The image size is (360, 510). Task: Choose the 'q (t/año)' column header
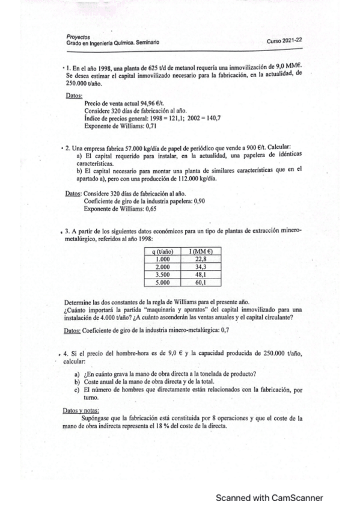point(164,251)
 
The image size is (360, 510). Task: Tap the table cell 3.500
point(164,274)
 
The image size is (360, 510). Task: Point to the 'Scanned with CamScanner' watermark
point(269,498)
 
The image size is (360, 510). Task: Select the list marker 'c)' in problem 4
point(77,389)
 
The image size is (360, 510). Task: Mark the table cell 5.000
point(164,281)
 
